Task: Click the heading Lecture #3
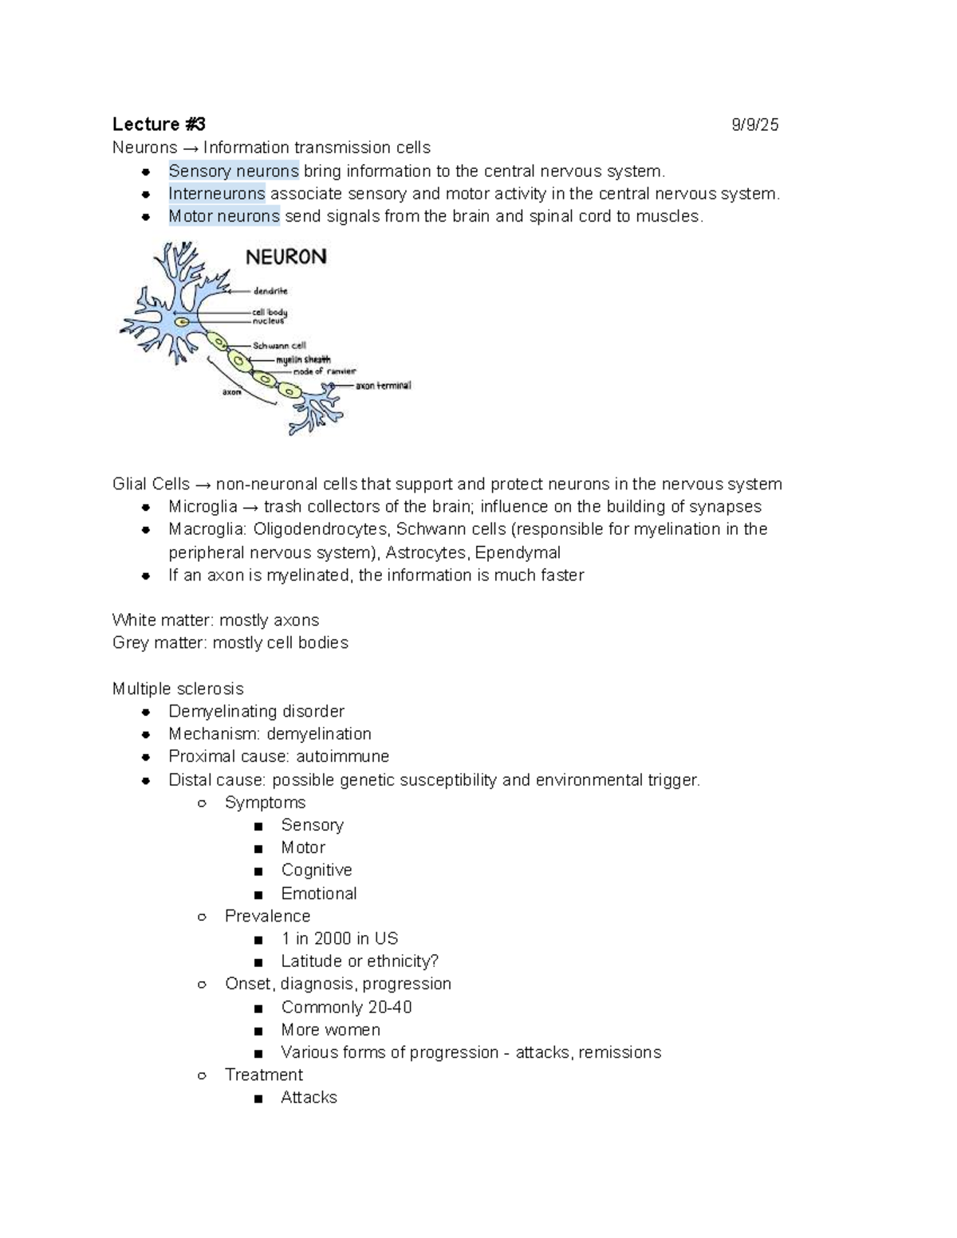click(x=159, y=124)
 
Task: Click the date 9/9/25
click(x=754, y=125)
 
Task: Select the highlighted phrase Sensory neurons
click(x=234, y=171)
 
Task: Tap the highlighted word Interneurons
click(x=216, y=194)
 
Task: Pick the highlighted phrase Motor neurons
click(x=224, y=216)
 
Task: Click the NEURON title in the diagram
click(x=286, y=257)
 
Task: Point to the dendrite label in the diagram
click(x=270, y=292)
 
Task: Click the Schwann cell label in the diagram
click(x=279, y=346)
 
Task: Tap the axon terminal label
click(x=383, y=386)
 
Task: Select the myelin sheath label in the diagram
click(x=303, y=360)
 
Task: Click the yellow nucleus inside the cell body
click(x=183, y=321)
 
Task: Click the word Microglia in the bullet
click(x=203, y=507)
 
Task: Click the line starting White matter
click(x=215, y=620)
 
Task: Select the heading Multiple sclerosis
click(x=178, y=689)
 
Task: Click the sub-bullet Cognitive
click(x=316, y=871)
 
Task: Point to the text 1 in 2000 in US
click(x=339, y=939)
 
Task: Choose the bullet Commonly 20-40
click(x=346, y=1008)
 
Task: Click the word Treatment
click(x=263, y=1075)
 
